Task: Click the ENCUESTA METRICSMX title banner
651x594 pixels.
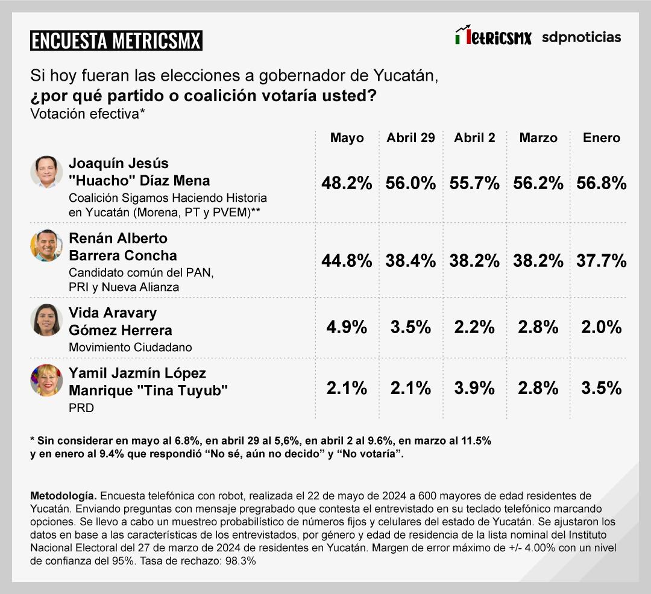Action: [x=116, y=40]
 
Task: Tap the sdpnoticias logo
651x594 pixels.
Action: [x=581, y=37]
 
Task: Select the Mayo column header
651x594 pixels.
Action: [x=347, y=138]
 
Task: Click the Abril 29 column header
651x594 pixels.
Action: [x=410, y=138]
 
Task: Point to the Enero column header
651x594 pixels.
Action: [x=601, y=138]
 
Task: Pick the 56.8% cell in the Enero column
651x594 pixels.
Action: [x=602, y=184]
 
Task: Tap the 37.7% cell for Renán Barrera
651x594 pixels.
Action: [x=602, y=261]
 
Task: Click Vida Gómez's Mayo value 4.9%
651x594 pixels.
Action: [x=347, y=327]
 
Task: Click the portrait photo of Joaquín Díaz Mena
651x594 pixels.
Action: [x=46, y=172]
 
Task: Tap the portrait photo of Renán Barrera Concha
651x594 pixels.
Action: [x=46, y=246]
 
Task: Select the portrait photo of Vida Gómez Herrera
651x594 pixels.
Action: [x=46, y=320]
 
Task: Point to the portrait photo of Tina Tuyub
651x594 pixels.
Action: [x=46, y=380]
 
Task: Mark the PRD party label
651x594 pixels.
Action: [x=81, y=408]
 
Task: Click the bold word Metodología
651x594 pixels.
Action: [x=63, y=496]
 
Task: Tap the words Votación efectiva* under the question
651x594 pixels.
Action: [x=87, y=114]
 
